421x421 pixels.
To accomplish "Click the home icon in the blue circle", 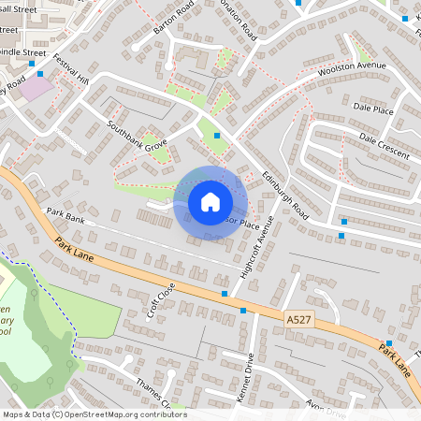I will tap(210, 202).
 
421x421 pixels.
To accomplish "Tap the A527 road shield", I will tap(298, 320).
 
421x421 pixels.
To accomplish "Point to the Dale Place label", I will tap(374, 109).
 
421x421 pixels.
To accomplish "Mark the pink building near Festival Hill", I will tap(36, 89).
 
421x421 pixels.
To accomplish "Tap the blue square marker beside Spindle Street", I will tap(31, 64).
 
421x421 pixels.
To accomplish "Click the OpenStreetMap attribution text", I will tap(94, 414).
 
